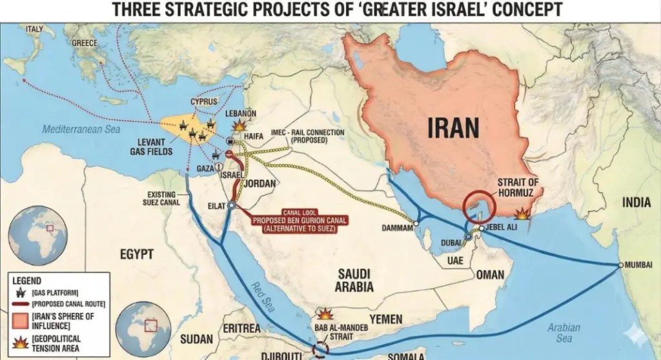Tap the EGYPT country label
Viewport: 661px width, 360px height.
(137, 254)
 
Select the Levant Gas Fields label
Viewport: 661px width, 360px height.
(155, 146)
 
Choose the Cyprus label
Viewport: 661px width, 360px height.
(203, 101)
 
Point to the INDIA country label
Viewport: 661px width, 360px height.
(636, 203)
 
